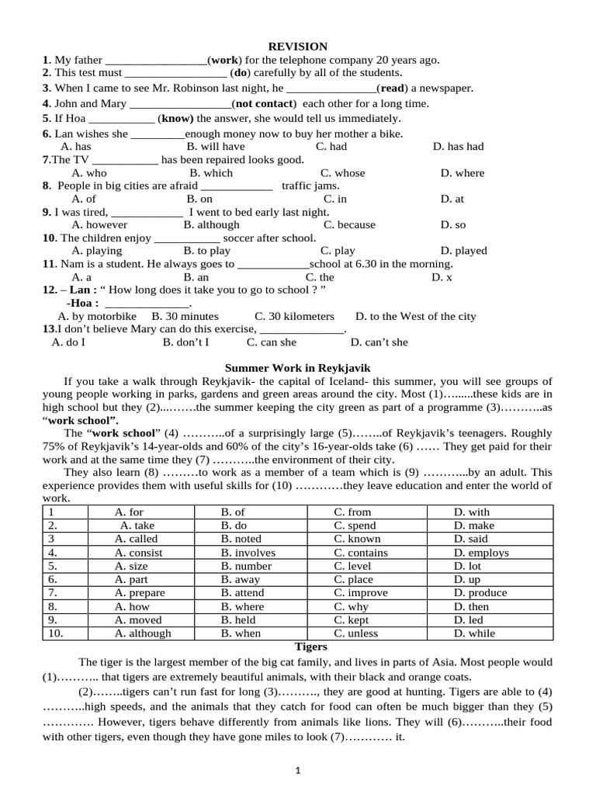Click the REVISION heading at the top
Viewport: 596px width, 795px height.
[298, 47]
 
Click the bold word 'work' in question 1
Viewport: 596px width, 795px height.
[225, 60]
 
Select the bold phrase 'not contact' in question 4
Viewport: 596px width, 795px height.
[265, 103]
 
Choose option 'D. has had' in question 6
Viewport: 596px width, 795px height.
[458, 146]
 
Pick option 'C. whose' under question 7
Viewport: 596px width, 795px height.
[342, 173]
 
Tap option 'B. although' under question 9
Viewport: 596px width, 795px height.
[211, 225]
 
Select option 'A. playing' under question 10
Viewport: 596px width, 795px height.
[96, 251]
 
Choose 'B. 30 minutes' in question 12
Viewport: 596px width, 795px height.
[185, 316]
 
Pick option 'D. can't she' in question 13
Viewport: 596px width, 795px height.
[379, 342]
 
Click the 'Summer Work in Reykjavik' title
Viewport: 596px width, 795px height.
[298, 367]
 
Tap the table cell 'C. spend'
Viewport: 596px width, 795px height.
[356, 526]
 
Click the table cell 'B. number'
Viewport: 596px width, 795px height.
[246, 566]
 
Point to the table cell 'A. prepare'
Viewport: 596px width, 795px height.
[140, 592]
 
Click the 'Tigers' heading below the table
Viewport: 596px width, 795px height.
[310, 646]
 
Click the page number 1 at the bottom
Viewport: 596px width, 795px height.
[298, 771]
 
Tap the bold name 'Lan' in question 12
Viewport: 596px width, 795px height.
[80, 290]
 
